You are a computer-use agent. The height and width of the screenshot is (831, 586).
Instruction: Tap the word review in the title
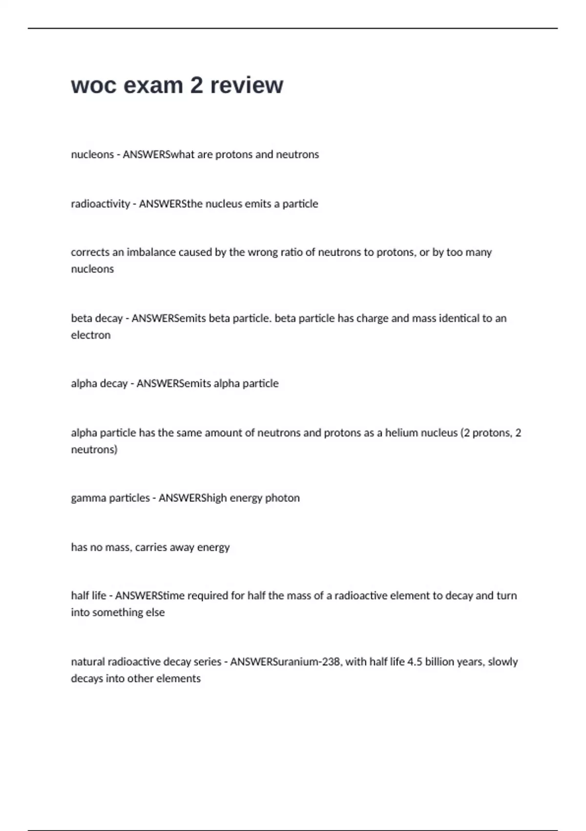click(x=247, y=86)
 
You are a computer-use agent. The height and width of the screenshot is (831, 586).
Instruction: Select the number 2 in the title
click(x=196, y=86)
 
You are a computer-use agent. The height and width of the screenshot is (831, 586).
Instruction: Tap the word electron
click(x=91, y=335)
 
